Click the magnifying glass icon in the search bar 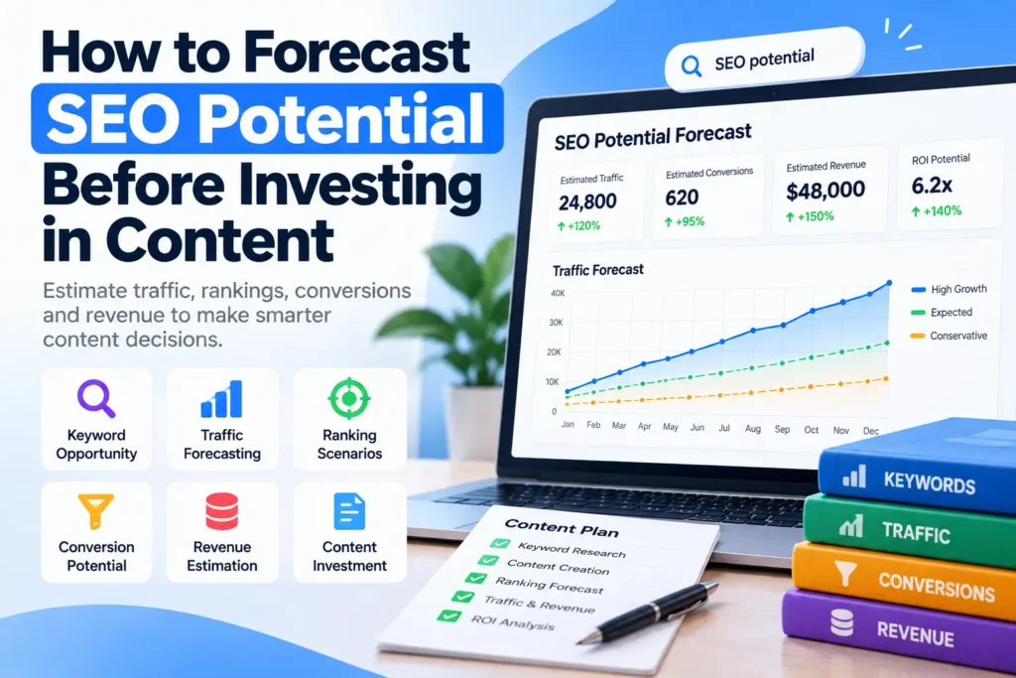click(x=692, y=66)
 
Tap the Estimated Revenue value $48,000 click(x=825, y=191)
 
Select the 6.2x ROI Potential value click(x=932, y=186)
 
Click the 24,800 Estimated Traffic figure click(x=587, y=203)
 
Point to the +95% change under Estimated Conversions click(x=685, y=221)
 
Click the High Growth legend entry click(x=950, y=289)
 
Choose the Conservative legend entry click(x=950, y=336)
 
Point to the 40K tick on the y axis click(x=558, y=293)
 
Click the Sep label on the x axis click(x=782, y=429)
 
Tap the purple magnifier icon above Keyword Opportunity click(x=96, y=398)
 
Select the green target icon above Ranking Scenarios click(x=349, y=398)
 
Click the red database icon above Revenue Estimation click(x=222, y=511)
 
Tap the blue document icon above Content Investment click(x=349, y=511)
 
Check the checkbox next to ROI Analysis click(x=449, y=615)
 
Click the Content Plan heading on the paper click(x=562, y=528)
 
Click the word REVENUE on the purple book click(x=915, y=633)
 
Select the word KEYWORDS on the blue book click(x=929, y=482)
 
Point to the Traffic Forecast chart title click(x=598, y=270)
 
